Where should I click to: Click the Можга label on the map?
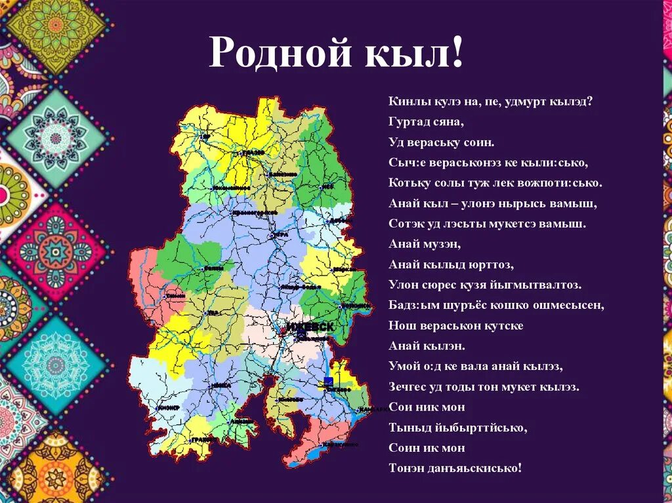pyautogui.click(x=221, y=386)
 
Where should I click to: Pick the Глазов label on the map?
pyautogui.click(x=253, y=152)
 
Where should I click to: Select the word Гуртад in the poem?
pyautogui.click(x=407, y=122)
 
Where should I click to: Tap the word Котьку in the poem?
pyautogui.click(x=407, y=183)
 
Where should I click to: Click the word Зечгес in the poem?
pyautogui.click(x=408, y=387)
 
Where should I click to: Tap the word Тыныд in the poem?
pyautogui.click(x=408, y=428)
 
